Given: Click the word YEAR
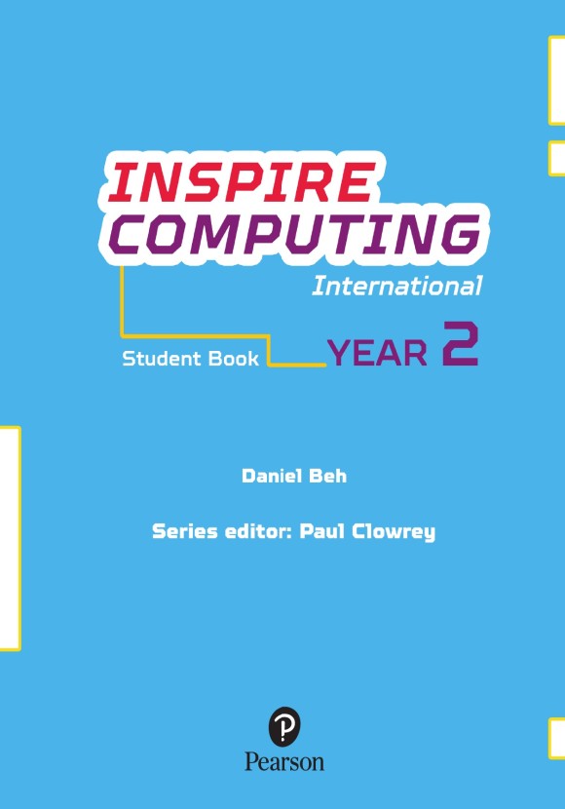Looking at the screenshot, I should click(x=377, y=353).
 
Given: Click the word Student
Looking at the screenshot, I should click(x=161, y=359).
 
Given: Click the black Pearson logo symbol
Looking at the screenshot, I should click(x=284, y=725).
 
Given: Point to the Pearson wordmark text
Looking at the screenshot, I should click(x=284, y=761).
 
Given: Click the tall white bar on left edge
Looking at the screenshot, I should click(x=10, y=537).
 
